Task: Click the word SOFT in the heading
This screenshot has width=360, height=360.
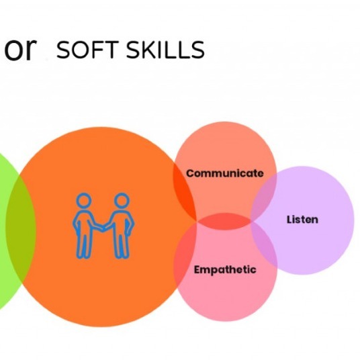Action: pyautogui.click(x=87, y=50)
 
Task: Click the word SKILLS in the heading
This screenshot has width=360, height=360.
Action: pyautogui.click(x=165, y=50)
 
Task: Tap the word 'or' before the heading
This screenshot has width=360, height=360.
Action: pyautogui.click(x=21, y=49)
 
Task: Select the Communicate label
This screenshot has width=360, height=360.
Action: pyautogui.click(x=225, y=173)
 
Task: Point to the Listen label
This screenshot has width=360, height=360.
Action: pyautogui.click(x=302, y=220)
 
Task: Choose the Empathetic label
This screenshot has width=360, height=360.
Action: pyautogui.click(x=225, y=270)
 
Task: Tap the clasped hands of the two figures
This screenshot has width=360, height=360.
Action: pyautogui.click(x=103, y=227)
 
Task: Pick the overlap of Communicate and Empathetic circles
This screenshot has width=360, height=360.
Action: pyautogui.click(x=224, y=222)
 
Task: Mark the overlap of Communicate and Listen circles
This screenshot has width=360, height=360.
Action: pyautogui.click(x=264, y=197)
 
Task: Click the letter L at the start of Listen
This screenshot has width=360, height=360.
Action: pyautogui.click(x=289, y=219)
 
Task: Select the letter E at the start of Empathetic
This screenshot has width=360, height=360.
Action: pyautogui.click(x=197, y=269)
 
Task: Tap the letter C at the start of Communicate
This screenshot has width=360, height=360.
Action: pyautogui.click(x=190, y=173)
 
